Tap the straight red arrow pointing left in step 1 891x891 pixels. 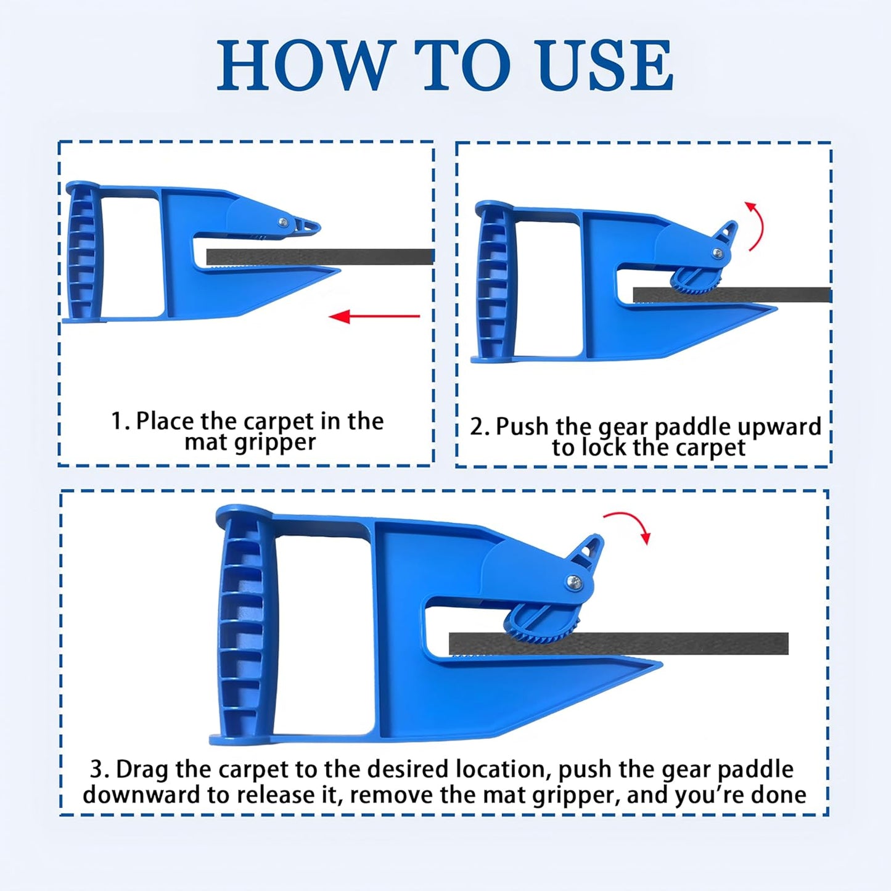(x=374, y=317)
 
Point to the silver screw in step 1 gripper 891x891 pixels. (x=283, y=223)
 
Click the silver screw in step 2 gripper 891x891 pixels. (x=716, y=252)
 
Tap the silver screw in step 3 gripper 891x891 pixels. (x=573, y=581)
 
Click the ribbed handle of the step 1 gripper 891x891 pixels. (x=83, y=253)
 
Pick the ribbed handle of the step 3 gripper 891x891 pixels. (x=242, y=626)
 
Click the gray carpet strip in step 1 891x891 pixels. (x=321, y=257)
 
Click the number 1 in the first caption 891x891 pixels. (x=117, y=422)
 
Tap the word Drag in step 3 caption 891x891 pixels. (x=142, y=770)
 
